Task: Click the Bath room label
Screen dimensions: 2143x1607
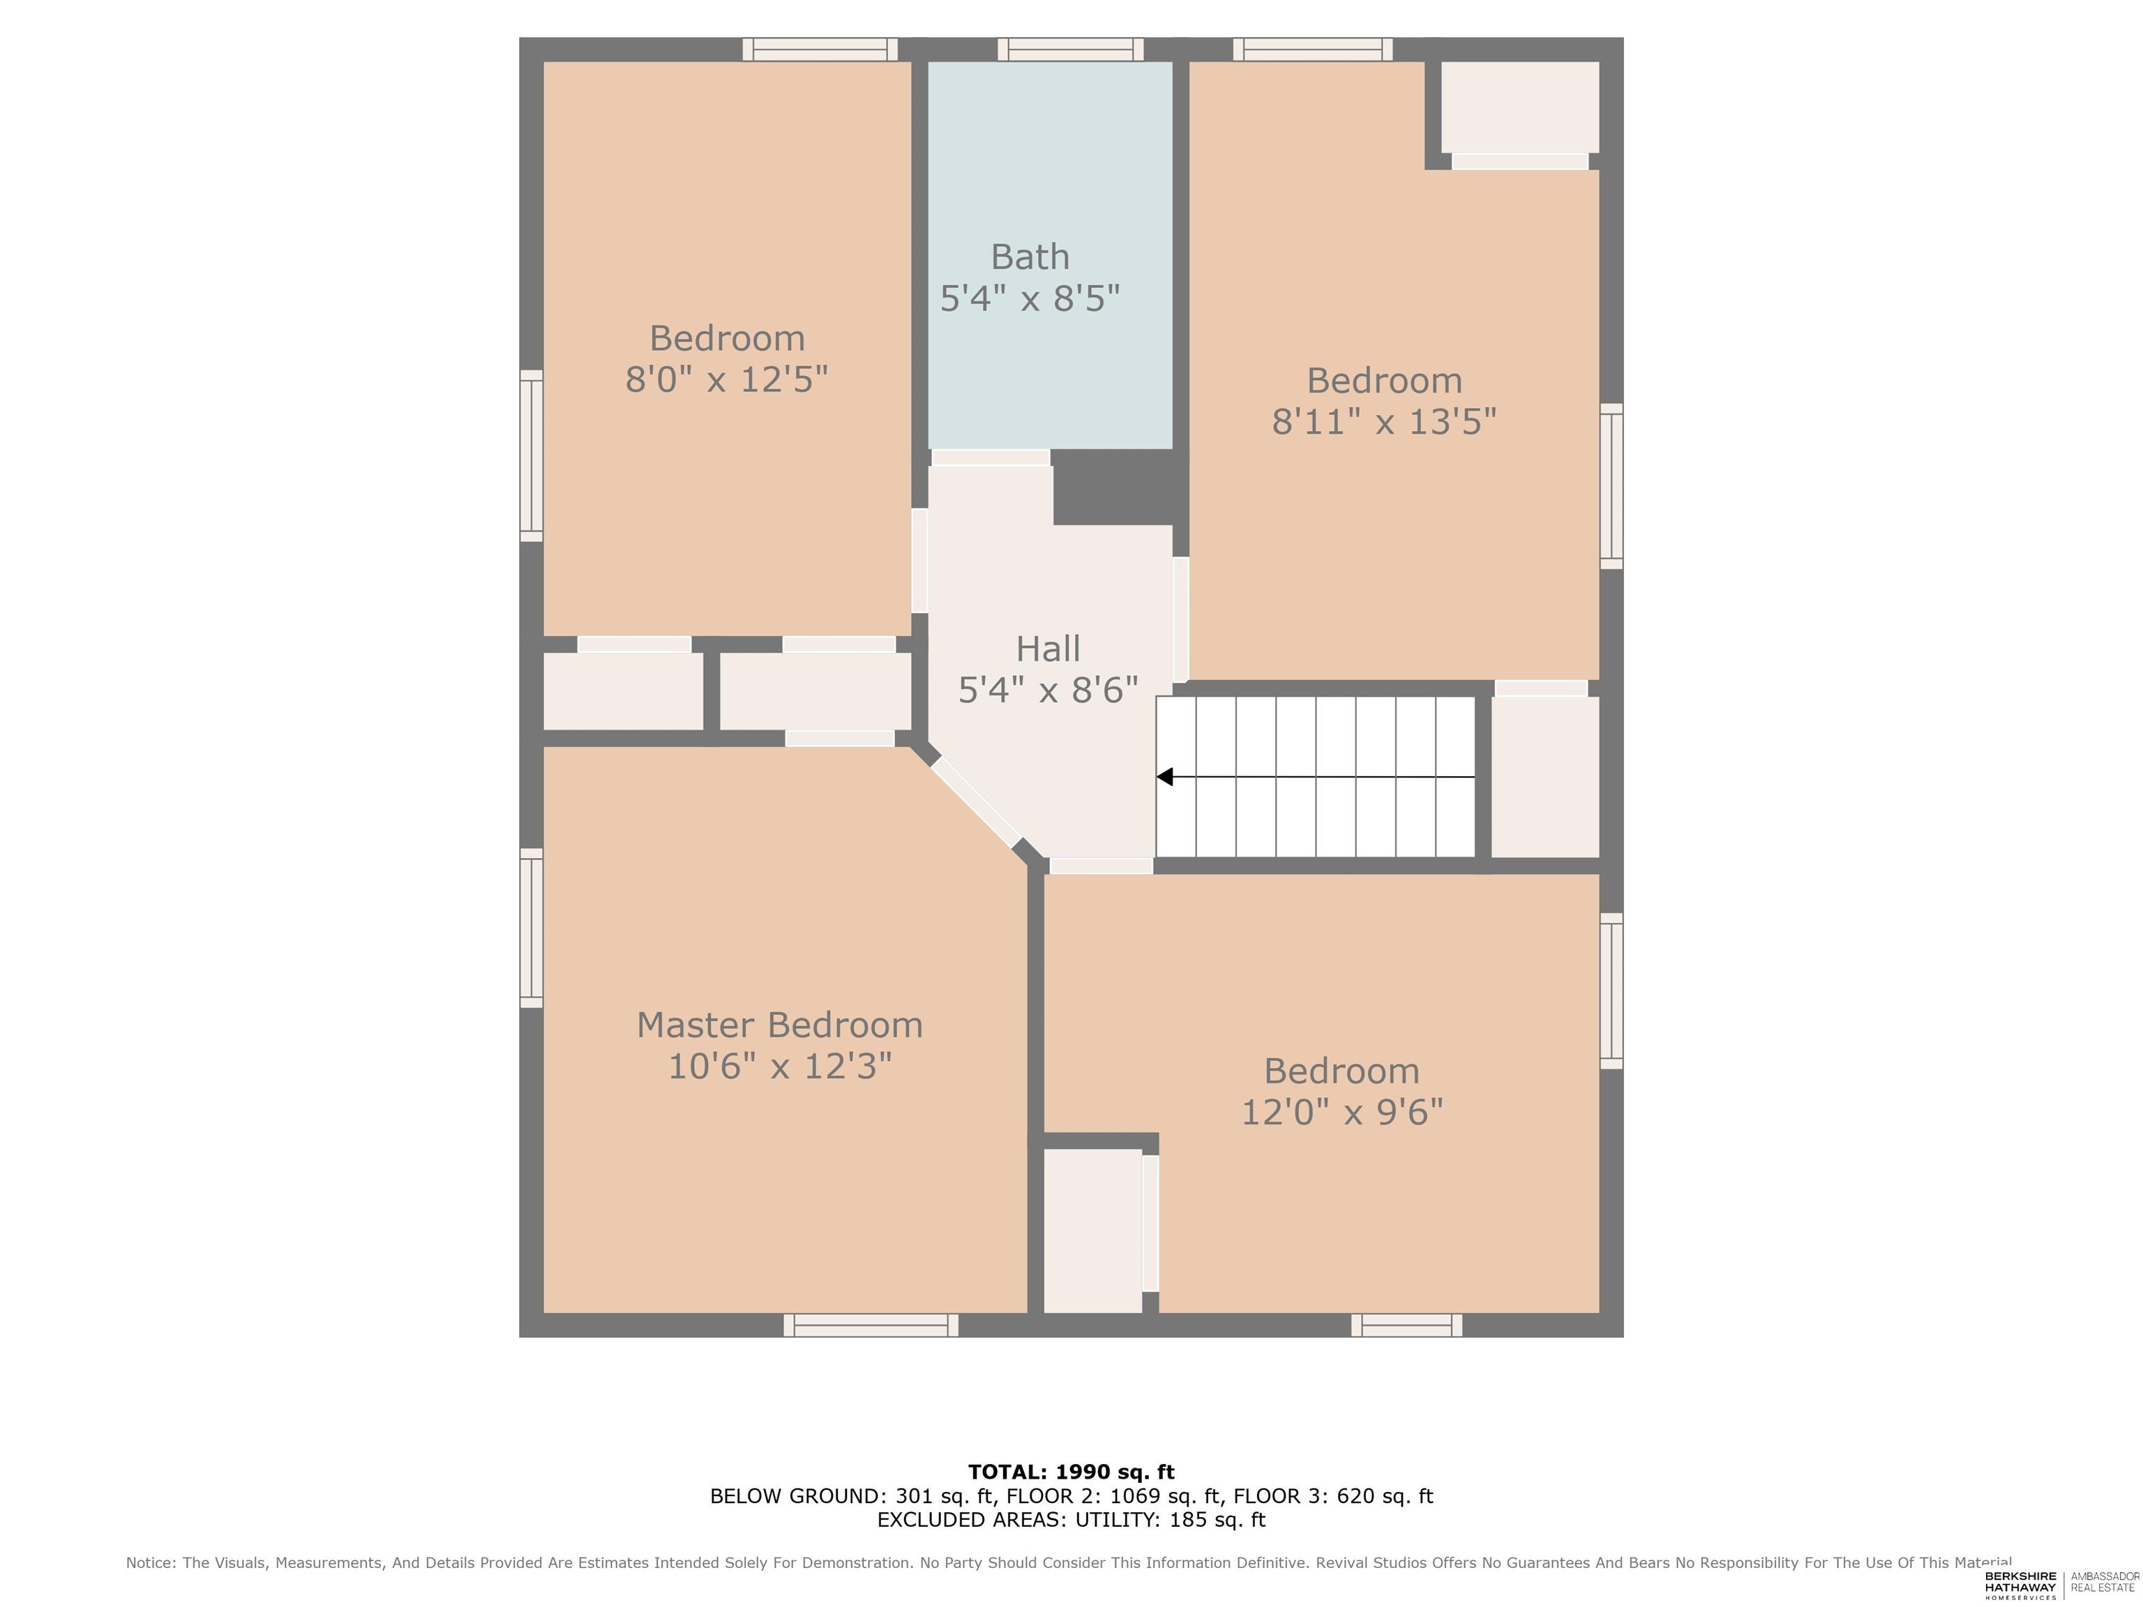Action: tap(1030, 257)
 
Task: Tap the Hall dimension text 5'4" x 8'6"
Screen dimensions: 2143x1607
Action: tap(1048, 690)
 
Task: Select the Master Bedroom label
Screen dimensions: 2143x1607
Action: tap(779, 1025)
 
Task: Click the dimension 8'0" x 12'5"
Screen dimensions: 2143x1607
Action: tap(727, 379)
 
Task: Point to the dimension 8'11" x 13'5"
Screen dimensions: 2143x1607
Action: tap(1385, 421)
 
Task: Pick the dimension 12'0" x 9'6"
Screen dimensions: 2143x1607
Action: tap(1341, 1112)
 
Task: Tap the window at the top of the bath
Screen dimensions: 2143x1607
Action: tap(1071, 50)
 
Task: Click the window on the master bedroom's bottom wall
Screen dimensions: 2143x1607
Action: tap(871, 1325)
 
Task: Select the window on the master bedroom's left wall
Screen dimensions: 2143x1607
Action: tap(531, 928)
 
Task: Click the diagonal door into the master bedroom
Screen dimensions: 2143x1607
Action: tap(977, 803)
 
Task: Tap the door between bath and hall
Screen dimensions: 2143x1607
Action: tap(990, 458)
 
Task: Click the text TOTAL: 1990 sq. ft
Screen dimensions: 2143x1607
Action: tap(1071, 1472)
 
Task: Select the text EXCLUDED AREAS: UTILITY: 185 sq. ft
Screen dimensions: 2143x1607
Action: tap(1071, 1520)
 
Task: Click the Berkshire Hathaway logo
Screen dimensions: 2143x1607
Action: tap(2020, 1585)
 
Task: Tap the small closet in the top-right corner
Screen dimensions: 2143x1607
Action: tap(1520, 107)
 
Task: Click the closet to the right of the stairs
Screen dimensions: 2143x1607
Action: tap(1545, 777)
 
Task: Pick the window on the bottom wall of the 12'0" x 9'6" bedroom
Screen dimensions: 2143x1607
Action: tap(1407, 1325)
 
